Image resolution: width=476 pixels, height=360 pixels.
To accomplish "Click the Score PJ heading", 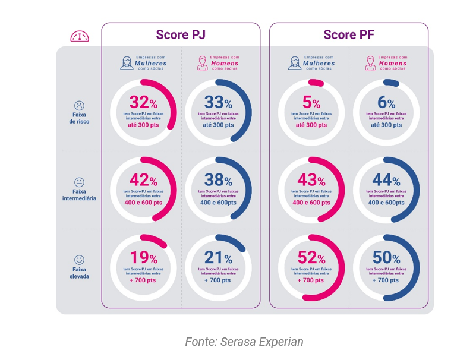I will coord(181,35).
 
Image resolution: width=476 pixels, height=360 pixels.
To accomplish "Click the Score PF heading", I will coord(348,35).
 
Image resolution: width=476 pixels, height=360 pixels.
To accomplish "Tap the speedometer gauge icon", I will coord(79,36).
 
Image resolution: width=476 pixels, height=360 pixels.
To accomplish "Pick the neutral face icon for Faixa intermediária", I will coord(79,182).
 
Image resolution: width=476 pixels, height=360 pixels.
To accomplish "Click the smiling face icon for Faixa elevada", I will coord(79,260).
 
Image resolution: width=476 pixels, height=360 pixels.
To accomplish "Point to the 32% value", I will coord(143,102).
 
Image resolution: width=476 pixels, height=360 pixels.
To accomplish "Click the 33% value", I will coord(218,102).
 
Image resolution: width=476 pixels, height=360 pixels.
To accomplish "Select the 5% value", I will coord(311,102).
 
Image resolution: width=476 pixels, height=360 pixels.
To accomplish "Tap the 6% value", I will coord(386,102).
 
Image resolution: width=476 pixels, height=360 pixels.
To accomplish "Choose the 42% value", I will coord(143,180).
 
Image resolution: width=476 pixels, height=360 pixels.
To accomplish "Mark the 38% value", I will coord(218,180).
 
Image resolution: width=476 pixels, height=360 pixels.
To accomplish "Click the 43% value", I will coord(311,180).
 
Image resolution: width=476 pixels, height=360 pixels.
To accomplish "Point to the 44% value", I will coord(386,180).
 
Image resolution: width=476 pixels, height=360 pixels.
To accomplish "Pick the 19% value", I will coord(143,257).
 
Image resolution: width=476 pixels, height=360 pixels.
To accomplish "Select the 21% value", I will coord(218,257).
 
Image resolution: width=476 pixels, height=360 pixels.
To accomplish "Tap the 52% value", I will coord(311,257).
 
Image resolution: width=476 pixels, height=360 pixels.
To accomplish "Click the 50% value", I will coord(386,257).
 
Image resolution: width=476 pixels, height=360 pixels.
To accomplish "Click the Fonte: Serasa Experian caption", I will coord(244,342).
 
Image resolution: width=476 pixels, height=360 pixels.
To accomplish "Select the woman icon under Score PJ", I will coord(127,62).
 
